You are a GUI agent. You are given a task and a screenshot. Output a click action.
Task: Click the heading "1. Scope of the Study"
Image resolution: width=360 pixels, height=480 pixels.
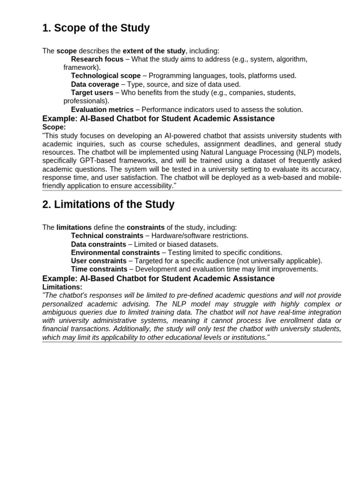[96, 28]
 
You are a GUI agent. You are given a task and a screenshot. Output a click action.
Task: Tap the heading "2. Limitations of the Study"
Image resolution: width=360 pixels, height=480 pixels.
[108, 205]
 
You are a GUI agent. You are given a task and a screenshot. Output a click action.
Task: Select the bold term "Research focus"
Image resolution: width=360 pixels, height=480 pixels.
[97, 59]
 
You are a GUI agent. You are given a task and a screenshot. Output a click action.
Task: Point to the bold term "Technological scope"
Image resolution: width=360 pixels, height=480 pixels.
[105, 75]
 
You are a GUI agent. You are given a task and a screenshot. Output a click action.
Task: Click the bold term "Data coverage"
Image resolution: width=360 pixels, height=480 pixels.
[95, 84]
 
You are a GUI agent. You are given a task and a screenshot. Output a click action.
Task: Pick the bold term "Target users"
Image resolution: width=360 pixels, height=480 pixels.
[92, 93]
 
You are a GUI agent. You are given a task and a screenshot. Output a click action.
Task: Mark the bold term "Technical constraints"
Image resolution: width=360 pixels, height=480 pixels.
[107, 236]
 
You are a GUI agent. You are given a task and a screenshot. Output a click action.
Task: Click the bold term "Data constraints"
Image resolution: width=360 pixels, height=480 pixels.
[98, 244]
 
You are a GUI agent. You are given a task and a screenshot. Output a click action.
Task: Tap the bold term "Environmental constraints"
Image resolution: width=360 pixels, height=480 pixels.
[115, 253]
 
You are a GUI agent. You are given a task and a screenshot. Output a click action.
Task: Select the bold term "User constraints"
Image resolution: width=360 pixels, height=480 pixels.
[98, 261]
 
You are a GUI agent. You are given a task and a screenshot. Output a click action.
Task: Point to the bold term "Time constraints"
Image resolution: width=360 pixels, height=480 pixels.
[99, 270]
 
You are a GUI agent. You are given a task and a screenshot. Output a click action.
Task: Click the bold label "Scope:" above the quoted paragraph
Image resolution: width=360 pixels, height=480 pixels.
[54, 127]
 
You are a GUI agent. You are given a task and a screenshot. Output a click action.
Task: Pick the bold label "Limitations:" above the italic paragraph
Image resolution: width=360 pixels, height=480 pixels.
[62, 287]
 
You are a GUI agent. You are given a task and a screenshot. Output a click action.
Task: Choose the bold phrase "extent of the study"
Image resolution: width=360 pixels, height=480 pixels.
[154, 51]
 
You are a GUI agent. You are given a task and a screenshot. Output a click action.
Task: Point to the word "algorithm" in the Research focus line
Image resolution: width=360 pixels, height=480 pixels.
[292, 59]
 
